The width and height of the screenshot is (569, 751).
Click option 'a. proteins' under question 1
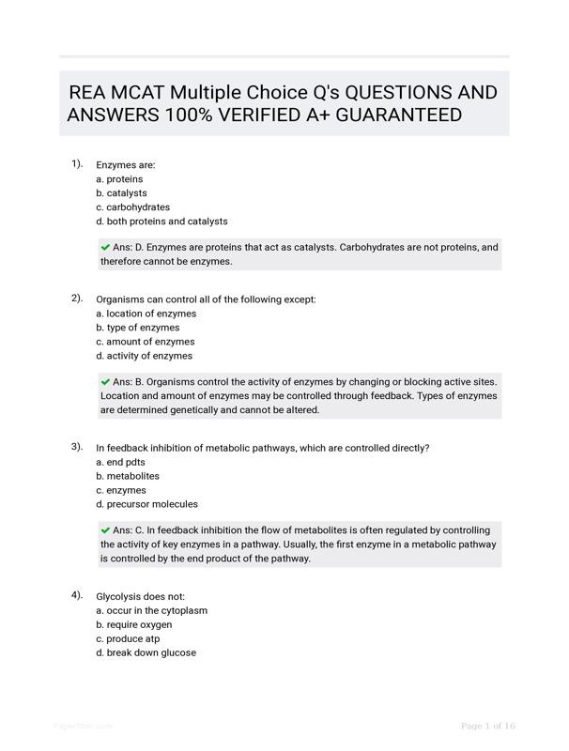[119, 178]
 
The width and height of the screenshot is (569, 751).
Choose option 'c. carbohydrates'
[132, 207]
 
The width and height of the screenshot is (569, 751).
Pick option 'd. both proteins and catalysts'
[161, 222]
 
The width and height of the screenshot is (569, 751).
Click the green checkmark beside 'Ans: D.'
[105, 247]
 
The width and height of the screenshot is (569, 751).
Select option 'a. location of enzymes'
[146, 314]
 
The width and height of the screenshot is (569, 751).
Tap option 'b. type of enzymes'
[137, 328]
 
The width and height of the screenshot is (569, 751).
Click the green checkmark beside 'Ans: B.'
[105, 382]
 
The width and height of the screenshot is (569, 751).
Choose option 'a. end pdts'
[120, 462]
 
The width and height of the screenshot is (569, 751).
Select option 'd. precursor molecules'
[146, 504]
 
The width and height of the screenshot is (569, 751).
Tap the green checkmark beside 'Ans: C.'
[105, 530]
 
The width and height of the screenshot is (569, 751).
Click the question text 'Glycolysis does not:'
[141, 596]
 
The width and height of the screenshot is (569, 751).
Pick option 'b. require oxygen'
[133, 624]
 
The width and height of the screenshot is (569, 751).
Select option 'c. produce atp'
[128, 638]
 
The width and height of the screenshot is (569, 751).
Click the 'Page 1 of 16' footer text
[488, 726]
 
